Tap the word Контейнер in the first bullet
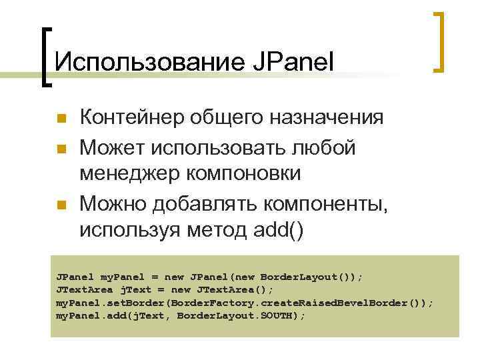(x=134, y=117)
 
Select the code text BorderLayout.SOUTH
(x=241, y=315)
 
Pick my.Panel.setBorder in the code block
(x=107, y=302)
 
